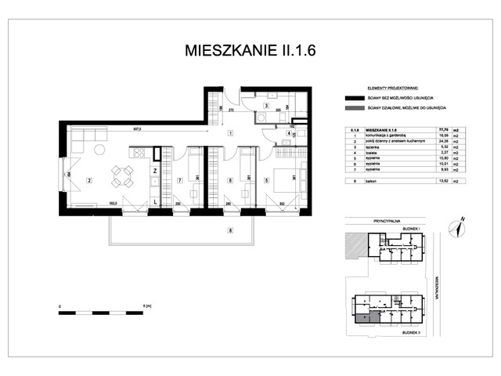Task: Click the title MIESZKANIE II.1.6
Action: [x=250, y=52]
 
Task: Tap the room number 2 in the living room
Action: [x=89, y=181]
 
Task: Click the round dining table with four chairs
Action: [x=121, y=175]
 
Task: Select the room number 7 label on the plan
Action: [x=179, y=181]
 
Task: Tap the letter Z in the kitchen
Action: [x=155, y=170]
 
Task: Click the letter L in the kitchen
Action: [x=155, y=202]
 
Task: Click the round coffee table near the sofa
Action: [x=100, y=149]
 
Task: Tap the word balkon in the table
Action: [x=366, y=180]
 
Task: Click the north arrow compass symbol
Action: [x=459, y=226]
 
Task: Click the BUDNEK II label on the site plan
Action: [x=410, y=332]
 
